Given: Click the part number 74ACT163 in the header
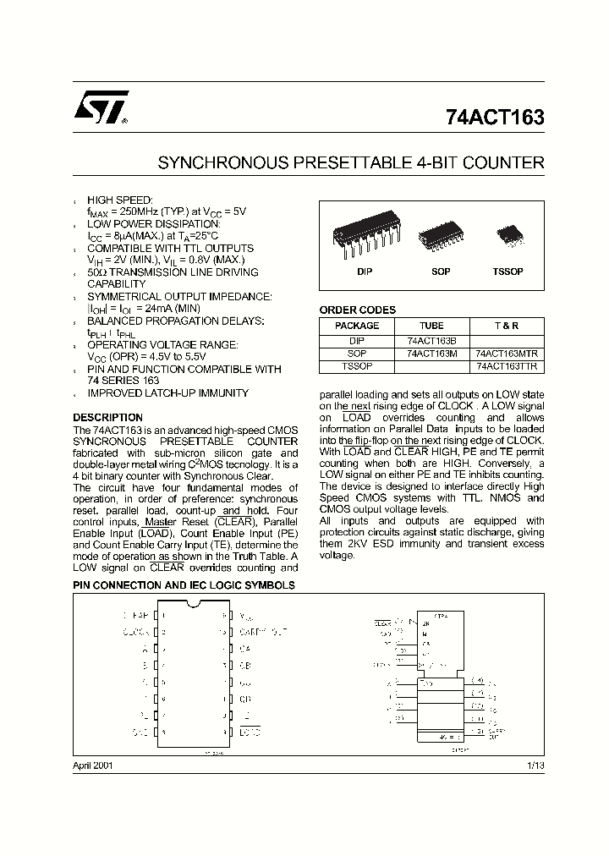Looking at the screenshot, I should click(x=494, y=118).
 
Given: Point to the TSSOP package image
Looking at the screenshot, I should click(x=508, y=233).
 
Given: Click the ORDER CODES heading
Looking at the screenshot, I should click(x=357, y=310).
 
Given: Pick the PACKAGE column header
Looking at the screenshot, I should click(x=357, y=326).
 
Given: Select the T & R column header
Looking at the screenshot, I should click(x=507, y=326).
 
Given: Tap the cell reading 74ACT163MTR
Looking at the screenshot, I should click(x=507, y=354).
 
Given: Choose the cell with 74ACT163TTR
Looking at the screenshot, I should click(x=507, y=366).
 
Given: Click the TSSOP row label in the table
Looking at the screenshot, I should click(x=357, y=366).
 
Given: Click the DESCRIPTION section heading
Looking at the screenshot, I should click(x=107, y=418).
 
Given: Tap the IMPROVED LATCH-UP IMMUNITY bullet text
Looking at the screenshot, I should click(x=167, y=393).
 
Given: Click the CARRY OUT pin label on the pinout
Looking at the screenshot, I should click(x=263, y=631).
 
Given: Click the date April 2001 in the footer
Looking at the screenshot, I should click(x=92, y=765).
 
